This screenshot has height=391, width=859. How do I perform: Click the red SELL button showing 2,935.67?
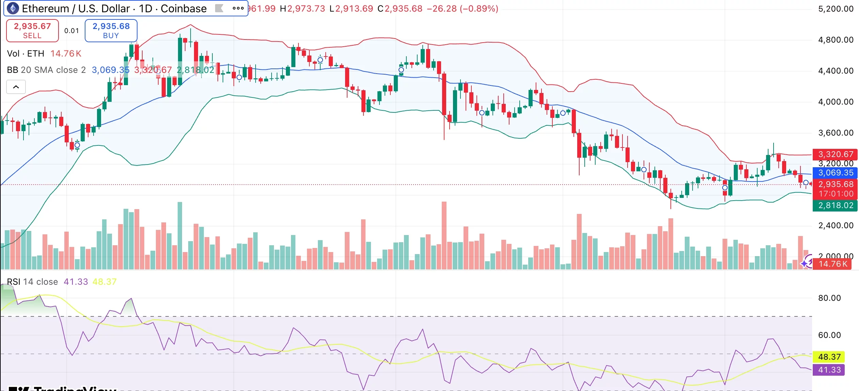point(32,31)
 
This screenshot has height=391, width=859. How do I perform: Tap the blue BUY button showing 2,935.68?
point(111,31)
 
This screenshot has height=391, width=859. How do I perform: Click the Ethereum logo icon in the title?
point(13,8)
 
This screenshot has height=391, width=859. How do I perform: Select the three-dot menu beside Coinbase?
point(238,8)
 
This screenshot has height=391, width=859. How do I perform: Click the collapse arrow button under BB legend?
point(16,87)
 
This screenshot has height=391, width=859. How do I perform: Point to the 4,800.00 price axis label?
point(836,40)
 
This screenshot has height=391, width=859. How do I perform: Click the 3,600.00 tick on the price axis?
point(836,133)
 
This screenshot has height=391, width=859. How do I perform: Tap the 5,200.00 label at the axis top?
point(836,9)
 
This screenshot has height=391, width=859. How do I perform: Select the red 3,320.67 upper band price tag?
point(835,154)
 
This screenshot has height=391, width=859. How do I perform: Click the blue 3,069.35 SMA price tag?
point(835,173)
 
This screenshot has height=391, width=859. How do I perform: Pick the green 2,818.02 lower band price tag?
point(835,205)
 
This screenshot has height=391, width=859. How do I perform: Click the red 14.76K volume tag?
point(832,264)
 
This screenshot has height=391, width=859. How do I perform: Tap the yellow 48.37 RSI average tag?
point(829,357)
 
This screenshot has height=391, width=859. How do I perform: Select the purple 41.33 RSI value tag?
point(829,370)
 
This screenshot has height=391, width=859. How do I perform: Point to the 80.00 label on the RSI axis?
point(829,298)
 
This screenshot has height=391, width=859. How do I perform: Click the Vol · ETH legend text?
point(26,53)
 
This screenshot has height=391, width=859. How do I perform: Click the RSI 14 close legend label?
point(32,282)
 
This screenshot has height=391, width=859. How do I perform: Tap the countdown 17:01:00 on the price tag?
point(836,194)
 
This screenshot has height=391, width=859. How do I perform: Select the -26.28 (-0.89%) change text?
point(462,9)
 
